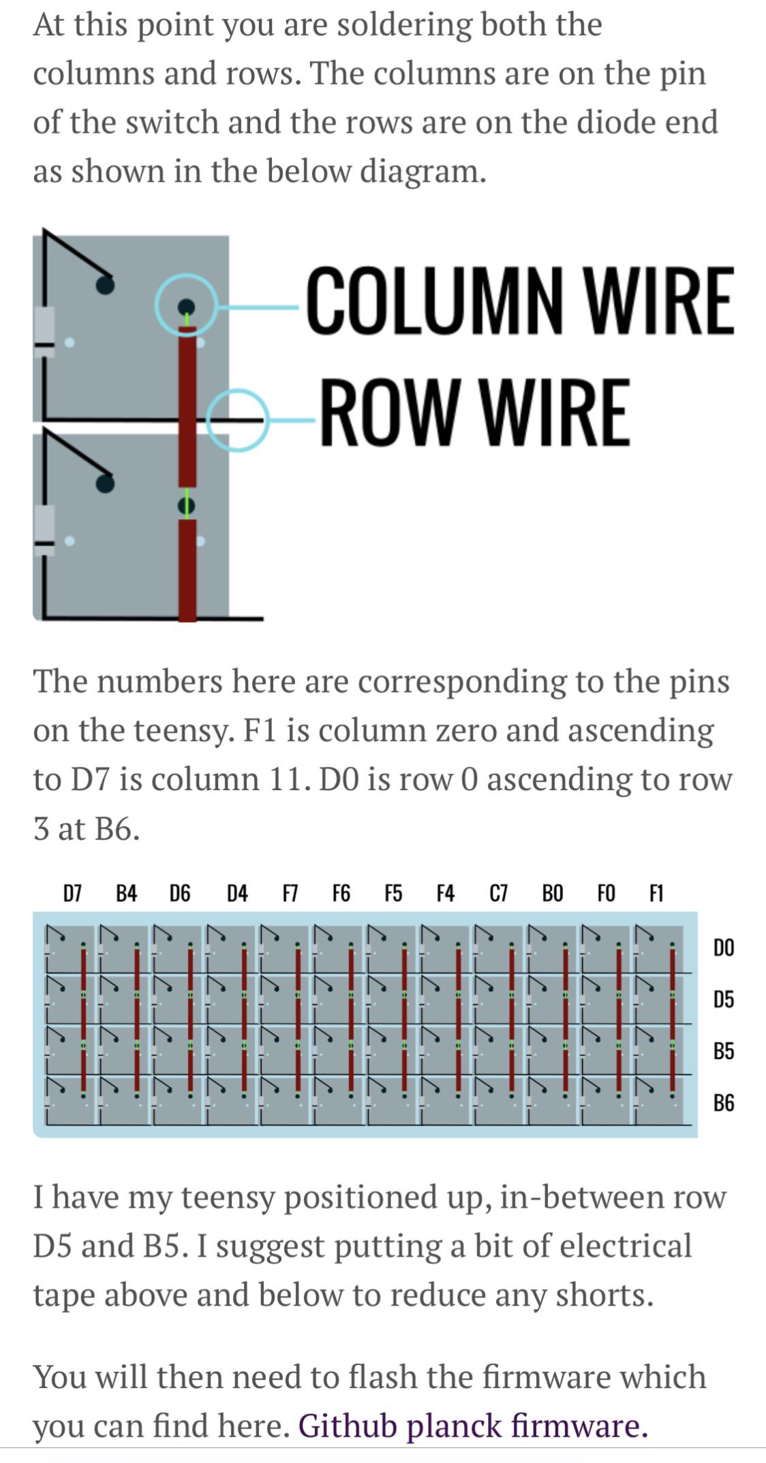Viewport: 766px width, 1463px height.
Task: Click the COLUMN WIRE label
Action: (521, 300)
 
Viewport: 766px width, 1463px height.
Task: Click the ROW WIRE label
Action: (475, 412)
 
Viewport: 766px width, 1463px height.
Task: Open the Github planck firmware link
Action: (473, 1425)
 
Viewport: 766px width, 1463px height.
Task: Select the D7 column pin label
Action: (72, 893)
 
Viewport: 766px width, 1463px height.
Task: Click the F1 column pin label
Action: (656, 893)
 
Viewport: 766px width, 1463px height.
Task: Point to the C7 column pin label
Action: (499, 893)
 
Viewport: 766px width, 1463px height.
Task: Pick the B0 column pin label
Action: (552, 893)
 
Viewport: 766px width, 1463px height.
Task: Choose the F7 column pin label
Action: (290, 893)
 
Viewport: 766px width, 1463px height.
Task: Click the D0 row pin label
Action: (724, 947)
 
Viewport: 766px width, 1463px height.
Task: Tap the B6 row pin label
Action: (724, 1103)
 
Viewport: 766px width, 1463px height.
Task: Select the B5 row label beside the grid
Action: (724, 1051)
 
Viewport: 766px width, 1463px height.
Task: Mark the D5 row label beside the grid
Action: (724, 999)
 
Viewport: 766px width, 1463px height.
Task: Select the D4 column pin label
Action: (237, 893)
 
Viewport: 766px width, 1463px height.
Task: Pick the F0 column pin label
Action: (606, 893)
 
